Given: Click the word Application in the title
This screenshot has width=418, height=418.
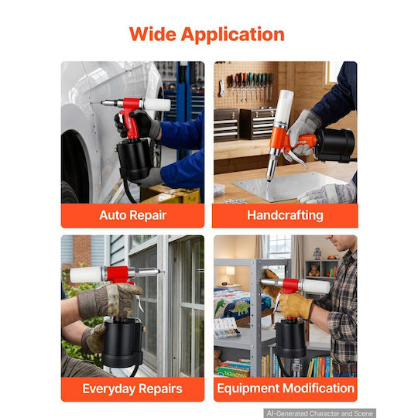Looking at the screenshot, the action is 233,35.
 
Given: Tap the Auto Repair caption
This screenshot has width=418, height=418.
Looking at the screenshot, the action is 133,215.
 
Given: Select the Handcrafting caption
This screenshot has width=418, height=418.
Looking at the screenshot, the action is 285,215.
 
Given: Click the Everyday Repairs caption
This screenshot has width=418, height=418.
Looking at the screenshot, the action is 132,389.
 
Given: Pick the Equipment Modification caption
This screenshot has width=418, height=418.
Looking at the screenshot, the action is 286,389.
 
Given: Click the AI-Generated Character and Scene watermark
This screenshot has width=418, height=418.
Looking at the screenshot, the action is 320,413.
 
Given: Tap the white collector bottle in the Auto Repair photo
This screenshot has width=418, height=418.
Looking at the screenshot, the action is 156,104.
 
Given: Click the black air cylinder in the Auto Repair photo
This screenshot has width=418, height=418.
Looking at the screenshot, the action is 134,159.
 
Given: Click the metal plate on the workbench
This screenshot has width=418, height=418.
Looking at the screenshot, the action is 289,186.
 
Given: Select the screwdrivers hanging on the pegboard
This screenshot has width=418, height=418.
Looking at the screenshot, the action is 251,85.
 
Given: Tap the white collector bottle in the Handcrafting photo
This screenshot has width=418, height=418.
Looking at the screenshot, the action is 284,106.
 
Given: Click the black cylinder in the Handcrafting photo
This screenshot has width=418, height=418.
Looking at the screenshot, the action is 335,145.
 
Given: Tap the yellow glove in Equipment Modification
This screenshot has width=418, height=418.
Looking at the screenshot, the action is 296,304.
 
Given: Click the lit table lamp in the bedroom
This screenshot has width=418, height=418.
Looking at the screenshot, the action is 230,274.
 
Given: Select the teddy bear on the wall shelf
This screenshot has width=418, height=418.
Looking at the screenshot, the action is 313,270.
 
